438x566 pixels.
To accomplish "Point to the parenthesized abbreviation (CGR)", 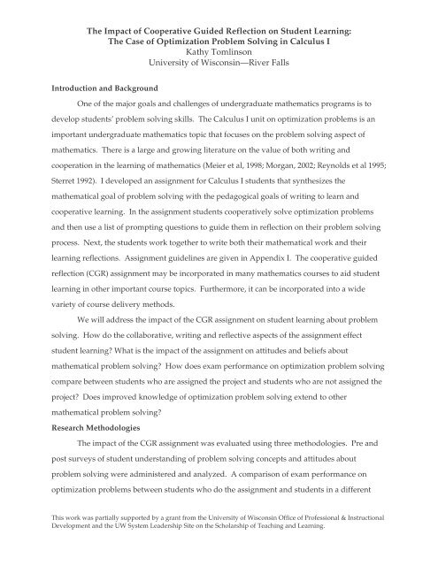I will pos(82,289).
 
